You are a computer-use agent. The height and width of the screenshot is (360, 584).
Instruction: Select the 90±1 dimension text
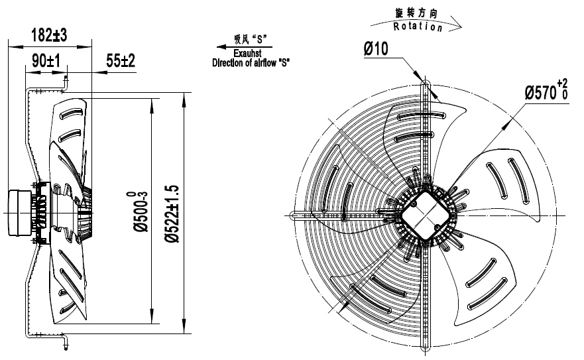[44, 61]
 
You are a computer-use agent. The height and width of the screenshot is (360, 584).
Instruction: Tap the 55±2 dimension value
[120, 61]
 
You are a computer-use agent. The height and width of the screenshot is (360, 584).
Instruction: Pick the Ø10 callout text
[377, 48]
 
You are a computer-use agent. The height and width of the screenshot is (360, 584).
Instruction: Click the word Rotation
[418, 27]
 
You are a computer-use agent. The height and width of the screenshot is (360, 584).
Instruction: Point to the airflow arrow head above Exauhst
[219, 48]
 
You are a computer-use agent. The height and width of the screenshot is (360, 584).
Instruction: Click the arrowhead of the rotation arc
[459, 29]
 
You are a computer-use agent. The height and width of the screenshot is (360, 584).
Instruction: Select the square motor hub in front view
[424, 213]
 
